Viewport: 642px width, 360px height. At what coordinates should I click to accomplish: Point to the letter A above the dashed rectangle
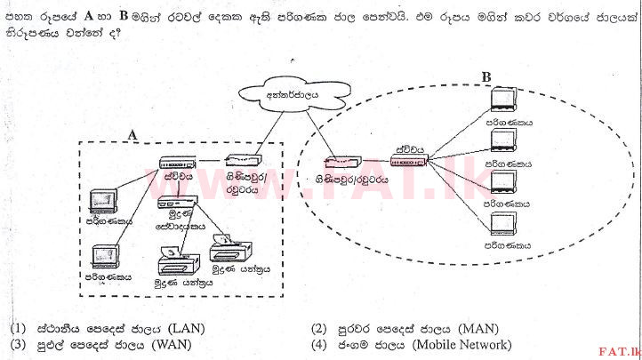pos(132,134)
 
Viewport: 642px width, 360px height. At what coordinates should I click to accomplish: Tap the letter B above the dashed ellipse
pos(486,77)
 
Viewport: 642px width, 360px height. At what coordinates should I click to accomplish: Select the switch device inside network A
pos(177,163)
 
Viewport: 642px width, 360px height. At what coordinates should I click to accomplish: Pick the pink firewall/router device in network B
pos(341,163)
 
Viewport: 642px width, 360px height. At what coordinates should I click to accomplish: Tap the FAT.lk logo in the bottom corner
pos(619,349)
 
